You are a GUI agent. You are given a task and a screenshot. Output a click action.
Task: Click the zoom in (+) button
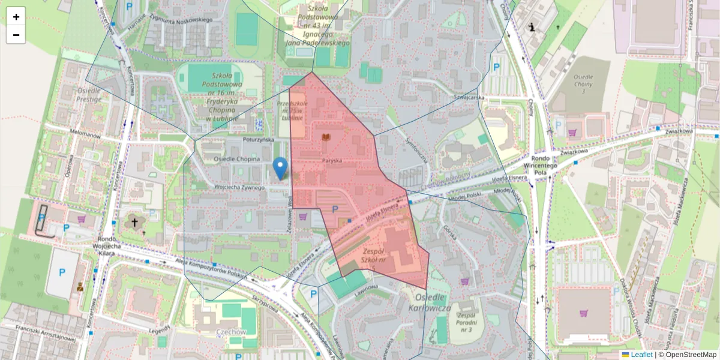tap(16, 17)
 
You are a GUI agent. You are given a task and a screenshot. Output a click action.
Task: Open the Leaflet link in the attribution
tap(641, 355)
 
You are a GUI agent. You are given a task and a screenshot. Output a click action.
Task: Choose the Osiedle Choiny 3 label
tap(583, 85)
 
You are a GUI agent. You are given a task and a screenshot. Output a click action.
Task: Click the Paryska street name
tap(331, 161)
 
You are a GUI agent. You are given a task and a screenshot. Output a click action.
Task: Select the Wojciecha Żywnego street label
tap(239, 188)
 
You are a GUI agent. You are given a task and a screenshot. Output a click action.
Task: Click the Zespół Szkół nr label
tap(382, 256)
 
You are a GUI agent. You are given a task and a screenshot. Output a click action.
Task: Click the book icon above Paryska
tap(326, 138)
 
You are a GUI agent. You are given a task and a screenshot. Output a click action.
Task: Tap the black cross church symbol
tap(135, 223)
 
